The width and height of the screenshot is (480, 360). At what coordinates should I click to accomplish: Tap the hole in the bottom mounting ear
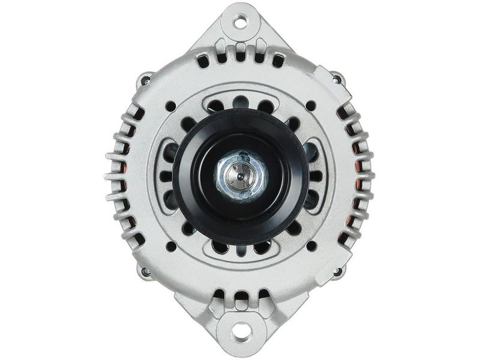(240, 329)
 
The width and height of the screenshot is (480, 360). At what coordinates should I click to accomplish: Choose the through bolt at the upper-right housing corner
(337, 79)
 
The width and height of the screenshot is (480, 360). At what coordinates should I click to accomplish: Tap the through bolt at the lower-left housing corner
(145, 272)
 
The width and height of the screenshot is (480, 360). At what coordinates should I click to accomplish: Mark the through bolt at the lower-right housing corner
(336, 272)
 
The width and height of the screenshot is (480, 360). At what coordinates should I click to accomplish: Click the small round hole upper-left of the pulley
(170, 106)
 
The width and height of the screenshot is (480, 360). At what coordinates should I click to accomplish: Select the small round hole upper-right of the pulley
(310, 106)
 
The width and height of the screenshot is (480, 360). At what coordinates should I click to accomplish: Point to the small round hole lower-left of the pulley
(170, 245)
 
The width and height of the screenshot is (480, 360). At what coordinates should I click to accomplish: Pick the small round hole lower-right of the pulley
(310, 245)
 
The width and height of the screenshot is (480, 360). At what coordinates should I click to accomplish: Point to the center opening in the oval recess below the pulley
(240, 247)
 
